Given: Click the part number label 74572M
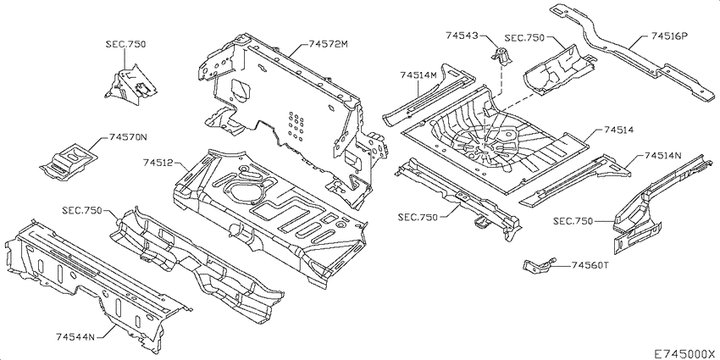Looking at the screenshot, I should pyautogui.click(x=328, y=44).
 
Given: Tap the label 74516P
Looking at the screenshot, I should pyautogui.click(x=670, y=37).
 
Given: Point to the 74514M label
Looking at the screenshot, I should pyautogui.click(x=418, y=75).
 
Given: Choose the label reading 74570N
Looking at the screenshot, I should pyautogui.click(x=128, y=136).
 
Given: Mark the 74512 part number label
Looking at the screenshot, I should pyautogui.click(x=158, y=163).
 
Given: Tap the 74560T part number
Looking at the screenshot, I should pyautogui.click(x=590, y=264).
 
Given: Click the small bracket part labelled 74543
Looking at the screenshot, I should pyautogui.click(x=501, y=60).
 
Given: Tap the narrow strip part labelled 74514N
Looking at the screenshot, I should pyautogui.click(x=576, y=179).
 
